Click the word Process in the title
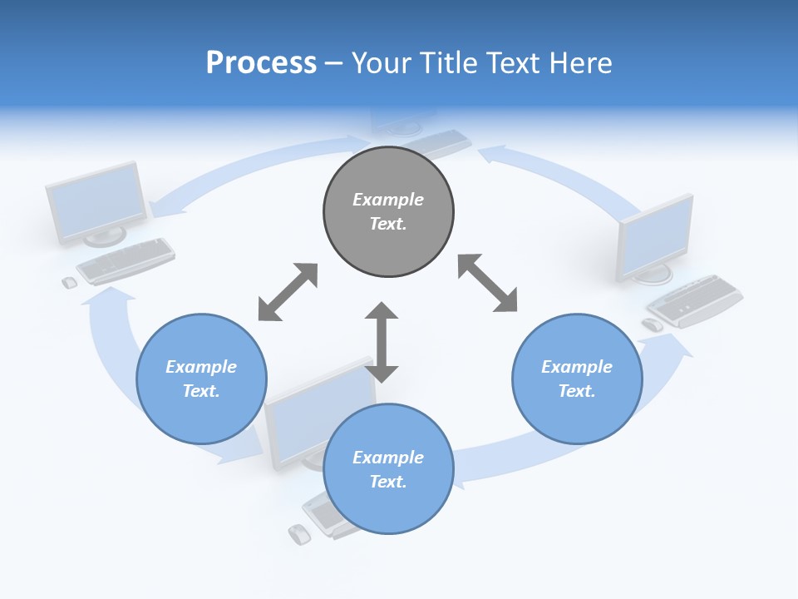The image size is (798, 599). tap(261, 63)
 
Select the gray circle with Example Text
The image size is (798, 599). tap(388, 211)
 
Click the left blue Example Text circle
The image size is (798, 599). tap(201, 379)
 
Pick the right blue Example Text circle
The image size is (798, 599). tap(577, 379)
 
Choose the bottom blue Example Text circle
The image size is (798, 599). tap(388, 468)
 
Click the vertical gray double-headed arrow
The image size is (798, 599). tap(382, 342)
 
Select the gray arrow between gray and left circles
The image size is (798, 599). tap(288, 292)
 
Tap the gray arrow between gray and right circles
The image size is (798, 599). tap(488, 284)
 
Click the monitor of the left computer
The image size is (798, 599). tap(95, 202)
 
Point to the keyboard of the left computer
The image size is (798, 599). tap(126, 260)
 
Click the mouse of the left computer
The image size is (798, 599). tap(70, 283)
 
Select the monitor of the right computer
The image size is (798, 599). tap(656, 238)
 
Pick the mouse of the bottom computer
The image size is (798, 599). tap(298, 534)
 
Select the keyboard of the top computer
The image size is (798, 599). tap(441, 142)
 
